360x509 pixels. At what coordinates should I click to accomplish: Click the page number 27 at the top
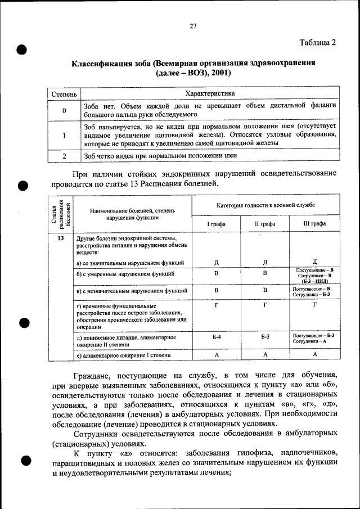pos(192,26)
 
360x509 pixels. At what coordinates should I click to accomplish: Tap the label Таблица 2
pos(318,43)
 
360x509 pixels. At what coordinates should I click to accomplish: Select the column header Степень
pos(64,93)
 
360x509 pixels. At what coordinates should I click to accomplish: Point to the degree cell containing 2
pos(64,156)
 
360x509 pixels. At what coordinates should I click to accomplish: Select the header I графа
pos(217,223)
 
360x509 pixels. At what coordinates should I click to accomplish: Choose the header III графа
pos(314,223)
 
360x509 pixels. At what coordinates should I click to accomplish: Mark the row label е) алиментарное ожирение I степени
pos(124,355)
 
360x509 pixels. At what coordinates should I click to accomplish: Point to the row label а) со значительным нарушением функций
pos(129,263)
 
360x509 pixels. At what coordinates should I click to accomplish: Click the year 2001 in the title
pos(220,73)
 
